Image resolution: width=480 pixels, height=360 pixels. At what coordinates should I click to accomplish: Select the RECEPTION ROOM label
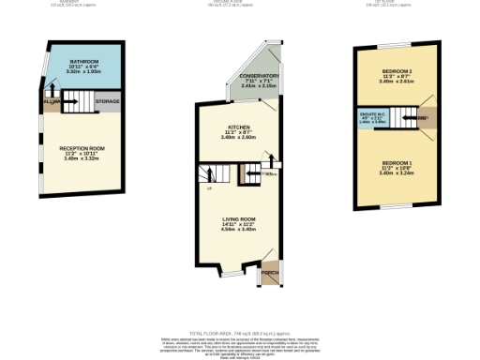point(82,148)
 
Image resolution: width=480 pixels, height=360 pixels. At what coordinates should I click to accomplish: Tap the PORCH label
point(271,274)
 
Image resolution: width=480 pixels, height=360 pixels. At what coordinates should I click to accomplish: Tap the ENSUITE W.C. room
point(371,117)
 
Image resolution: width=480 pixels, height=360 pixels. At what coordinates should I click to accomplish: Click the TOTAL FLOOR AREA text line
point(240,333)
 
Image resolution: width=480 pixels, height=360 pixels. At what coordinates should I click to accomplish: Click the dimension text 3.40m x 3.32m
point(82,158)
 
